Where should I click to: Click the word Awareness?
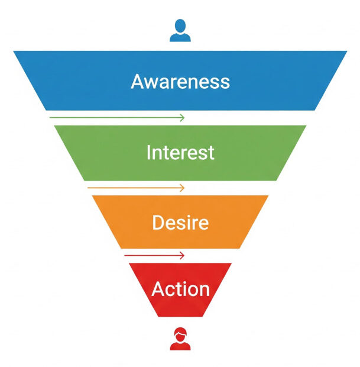pyautogui.click(x=180, y=81)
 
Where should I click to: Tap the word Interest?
pyautogui.click(x=180, y=153)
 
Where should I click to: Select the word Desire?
pyautogui.click(x=180, y=223)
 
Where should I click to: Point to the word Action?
pyautogui.click(x=180, y=289)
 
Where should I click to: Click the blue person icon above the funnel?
pyautogui.click(x=180, y=31)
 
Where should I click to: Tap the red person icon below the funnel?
pyautogui.click(x=180, y=339)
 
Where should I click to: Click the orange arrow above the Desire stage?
pyautogui.click(x=136, y=188)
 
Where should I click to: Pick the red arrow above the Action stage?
pyautogui.click(x=154, y=256)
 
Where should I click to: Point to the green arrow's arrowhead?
pyautogui.click(x=182, y=118)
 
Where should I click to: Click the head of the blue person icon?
pyautogui.click(x=180, y=26)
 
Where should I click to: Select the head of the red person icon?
pyautogui.click(x=180, y=333)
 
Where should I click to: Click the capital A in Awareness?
pyautogui.click(x=137, y=81)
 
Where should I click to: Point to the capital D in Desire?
pyautogui.click(x=158, y=223)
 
